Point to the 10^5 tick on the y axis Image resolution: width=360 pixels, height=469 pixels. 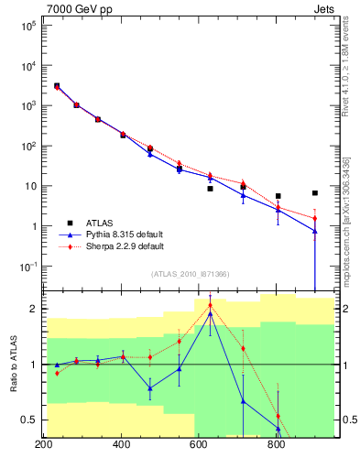click(x=28, y=26)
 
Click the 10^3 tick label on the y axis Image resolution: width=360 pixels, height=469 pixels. click(x=28, y=105)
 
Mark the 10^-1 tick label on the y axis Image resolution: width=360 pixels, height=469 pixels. click(x=28, y=267)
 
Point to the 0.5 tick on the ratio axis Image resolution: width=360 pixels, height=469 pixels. click(x=30, y=420)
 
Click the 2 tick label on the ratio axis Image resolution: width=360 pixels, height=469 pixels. click(x=34, y=309)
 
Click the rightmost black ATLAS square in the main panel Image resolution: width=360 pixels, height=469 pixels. click(x=315, y=193)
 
